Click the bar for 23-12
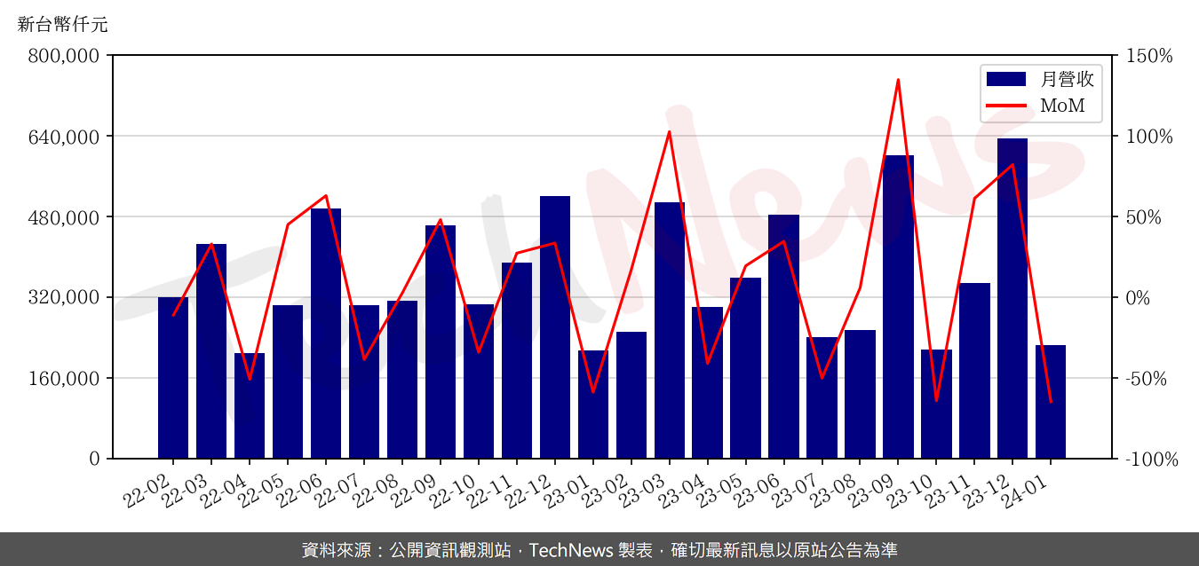pyautogui.click(x=1012, y=298)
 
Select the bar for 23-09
pyautogui.click(x=898, y=307)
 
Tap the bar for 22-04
pyautogui.click(x=250, y=405)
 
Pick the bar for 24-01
pyautogui.click(x=1051, y=402)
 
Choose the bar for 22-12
pyautogui.click(x=555, y=327)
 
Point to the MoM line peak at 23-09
pyautogui.click(x=898, y=80)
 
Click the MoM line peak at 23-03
pyautogui.click(x=670, y=131)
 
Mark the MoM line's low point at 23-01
pyautogui.click(x=593, y=392)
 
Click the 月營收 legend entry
pyautogui.click(x=1040, y=79)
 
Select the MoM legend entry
pyautogui.click(x=1040, y=107)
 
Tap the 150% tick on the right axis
pyautogui.click(x=1148, y=56)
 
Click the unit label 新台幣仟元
pyautogui.click(x=62, y=25)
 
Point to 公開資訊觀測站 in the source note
pyautogui.click(x=451, y=550)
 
